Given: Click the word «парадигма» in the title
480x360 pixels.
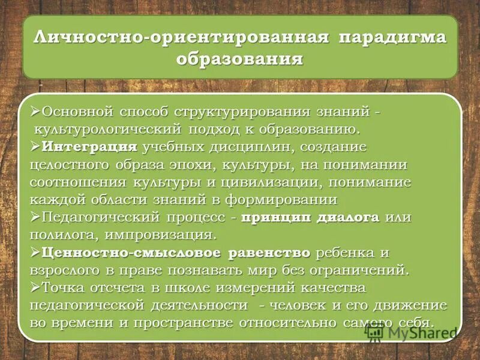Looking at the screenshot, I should click(x=393, y=38).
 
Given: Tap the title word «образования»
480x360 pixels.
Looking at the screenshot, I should click(x=239, y=60).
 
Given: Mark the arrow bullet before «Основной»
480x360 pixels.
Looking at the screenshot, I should click(x=35, y=112).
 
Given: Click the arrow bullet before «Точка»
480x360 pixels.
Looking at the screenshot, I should click(x=35, y=287).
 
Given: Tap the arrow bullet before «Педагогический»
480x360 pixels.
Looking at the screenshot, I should click(x=35, y=217).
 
